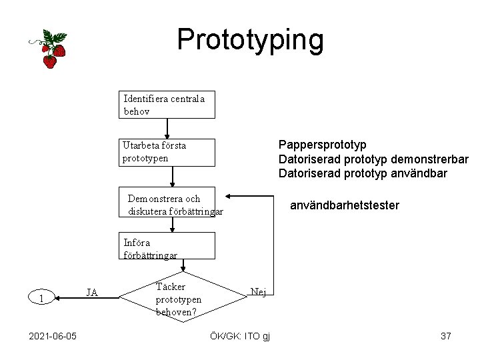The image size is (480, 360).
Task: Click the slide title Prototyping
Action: tap(250, 40)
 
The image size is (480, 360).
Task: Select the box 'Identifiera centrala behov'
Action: tap(167, 105)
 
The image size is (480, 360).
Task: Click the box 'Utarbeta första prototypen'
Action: tap(168, 152)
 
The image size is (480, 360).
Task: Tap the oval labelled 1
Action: tap(41, 298)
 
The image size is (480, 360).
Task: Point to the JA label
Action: tap(93, 292)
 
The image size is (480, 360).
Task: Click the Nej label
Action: tap(258, 291)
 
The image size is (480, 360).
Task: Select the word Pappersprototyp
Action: tap(323, 145)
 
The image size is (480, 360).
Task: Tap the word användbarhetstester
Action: tap(345, 205)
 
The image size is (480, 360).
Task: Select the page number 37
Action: tap(446, 336)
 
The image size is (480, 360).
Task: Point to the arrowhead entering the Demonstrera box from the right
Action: tap(229, 197)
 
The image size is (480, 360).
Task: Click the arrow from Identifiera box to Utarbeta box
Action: tap(167, 129)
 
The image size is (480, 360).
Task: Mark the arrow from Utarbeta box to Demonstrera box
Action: tap(172, 177)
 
